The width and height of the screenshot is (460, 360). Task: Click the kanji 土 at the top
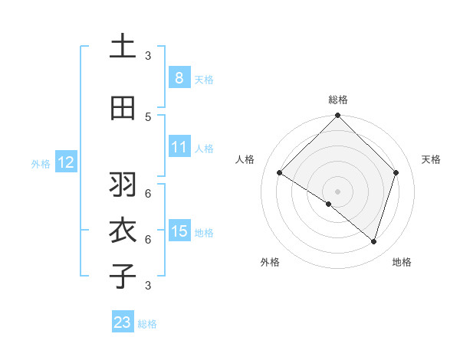click(x=123, y=47)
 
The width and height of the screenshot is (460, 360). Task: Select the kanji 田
click(x=123, y=109)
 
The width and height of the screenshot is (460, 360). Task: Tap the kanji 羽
click(x=123, y=185)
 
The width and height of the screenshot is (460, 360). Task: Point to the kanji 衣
click(x=123, y=231)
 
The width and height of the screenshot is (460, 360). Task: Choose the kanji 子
click(x=123, y=277)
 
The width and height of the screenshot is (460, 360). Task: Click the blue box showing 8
click(x=179, y=77)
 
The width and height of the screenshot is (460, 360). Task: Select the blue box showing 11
click(x=179, y=147)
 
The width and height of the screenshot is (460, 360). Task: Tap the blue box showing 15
click(x=179, y=231)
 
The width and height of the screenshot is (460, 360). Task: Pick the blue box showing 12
click(x=65, y=162)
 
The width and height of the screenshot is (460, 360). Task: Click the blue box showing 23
click(x=123, y=322)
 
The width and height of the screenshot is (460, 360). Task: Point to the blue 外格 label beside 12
click(x=41, y=163)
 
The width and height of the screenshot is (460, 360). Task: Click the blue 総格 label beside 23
click(x=147, y=324)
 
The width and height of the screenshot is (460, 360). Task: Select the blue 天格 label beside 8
click(x=203, y=79)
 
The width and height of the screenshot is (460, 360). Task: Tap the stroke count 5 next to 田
click(x=148, y=116)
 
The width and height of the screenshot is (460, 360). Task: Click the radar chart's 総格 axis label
click(x=337, y=100)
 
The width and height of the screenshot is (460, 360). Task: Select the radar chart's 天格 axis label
click(x=431, y=159)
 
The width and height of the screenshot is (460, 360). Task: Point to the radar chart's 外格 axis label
click(x=270, y=262)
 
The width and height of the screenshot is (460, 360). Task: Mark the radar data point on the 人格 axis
click(x=280, y=173)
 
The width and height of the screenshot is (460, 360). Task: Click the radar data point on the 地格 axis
click(x=373, y=241)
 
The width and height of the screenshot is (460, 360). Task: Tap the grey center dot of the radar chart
click(x=337, y=191)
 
